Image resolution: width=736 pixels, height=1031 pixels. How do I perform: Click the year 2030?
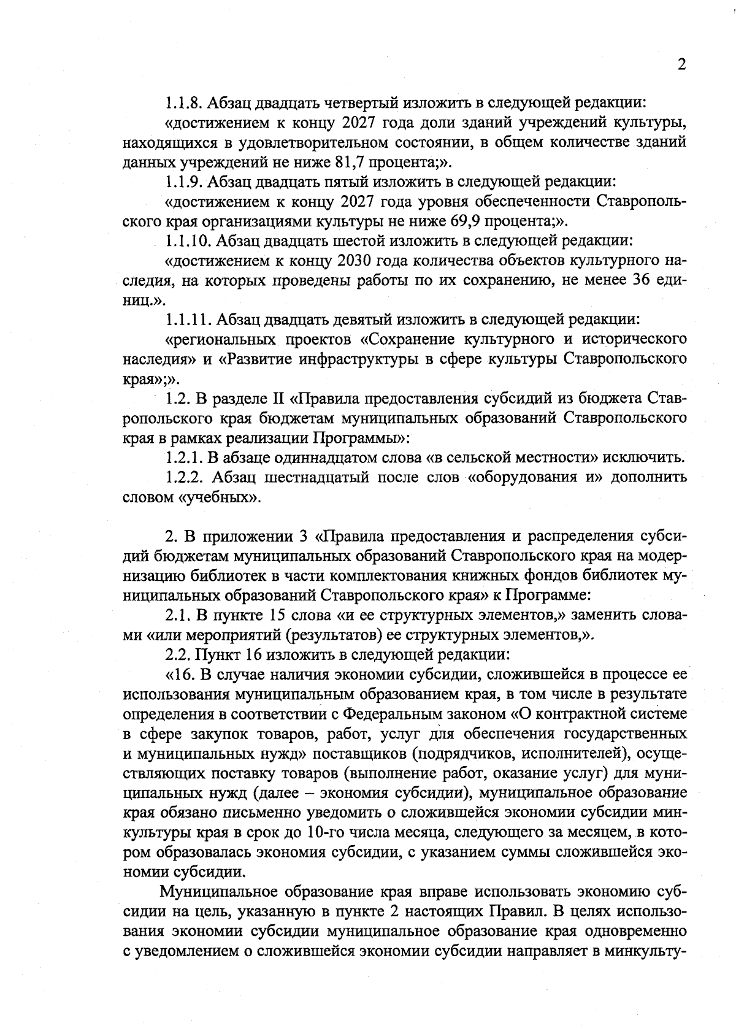point(353,261)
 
